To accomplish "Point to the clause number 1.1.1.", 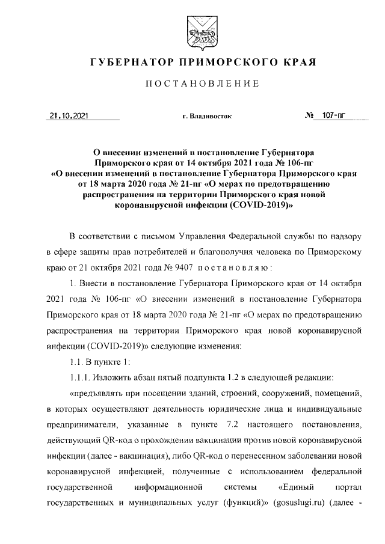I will click(81, 377).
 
